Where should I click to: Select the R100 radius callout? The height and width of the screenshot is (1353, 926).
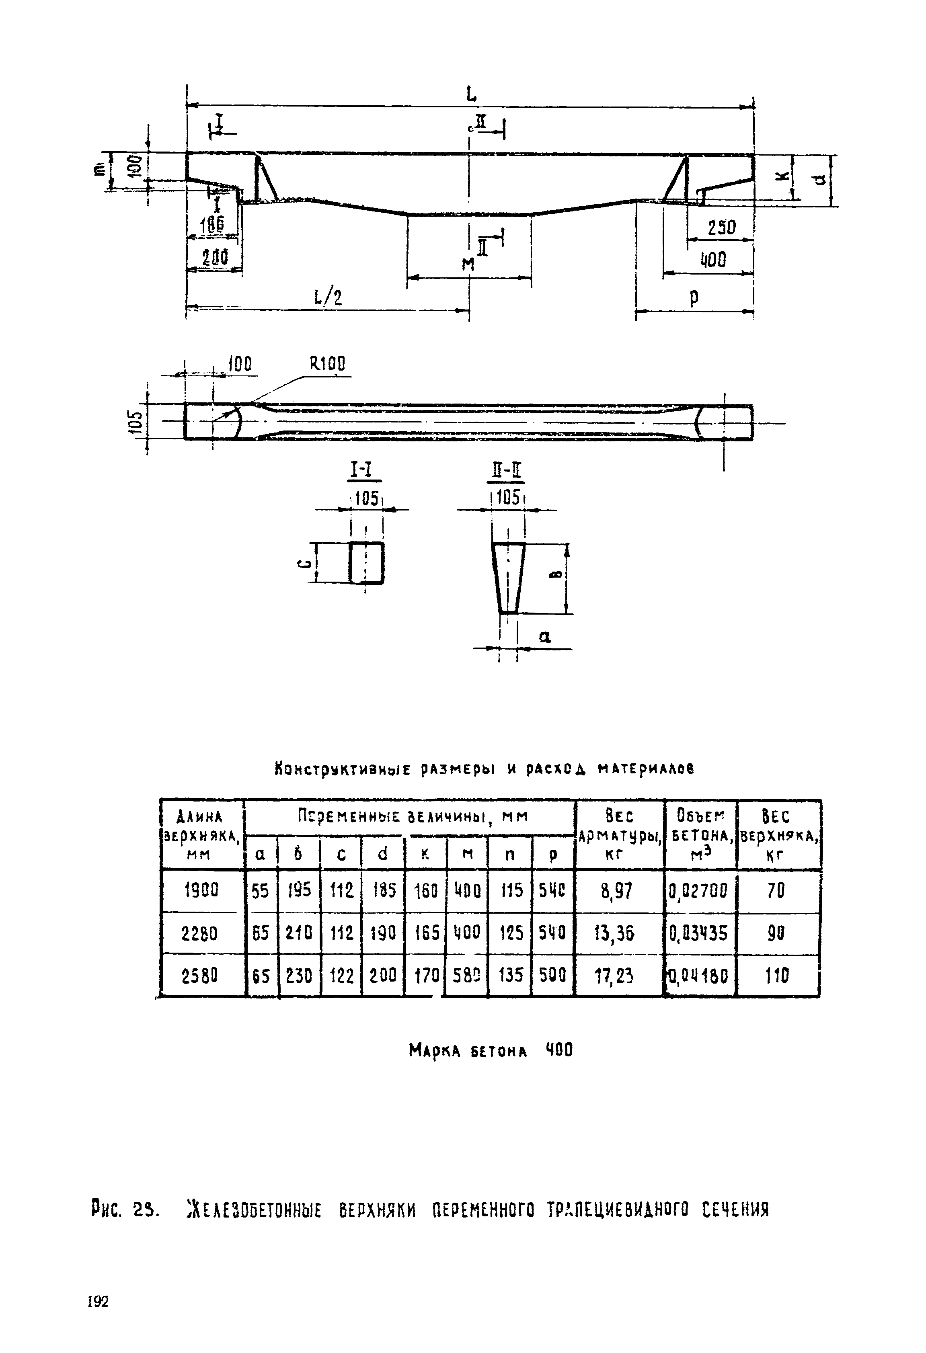pos(327,365)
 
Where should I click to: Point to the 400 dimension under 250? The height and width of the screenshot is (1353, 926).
pos(713,260)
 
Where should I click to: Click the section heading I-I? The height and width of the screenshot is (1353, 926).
pos(364,470)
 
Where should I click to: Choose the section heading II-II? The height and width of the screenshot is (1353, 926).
pos(505,470)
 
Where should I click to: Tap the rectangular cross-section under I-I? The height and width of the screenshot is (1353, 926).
pos(366,562)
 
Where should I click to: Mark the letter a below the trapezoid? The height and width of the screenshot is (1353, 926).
pos(544,637)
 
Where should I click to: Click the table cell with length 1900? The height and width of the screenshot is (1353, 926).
pos(201,890)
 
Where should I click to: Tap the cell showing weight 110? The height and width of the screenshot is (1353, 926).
pos(776,975)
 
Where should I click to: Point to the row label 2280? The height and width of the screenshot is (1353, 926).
pos(201,934)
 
